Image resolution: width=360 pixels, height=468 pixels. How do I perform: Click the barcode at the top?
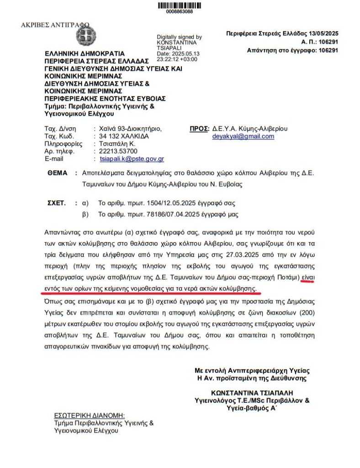pyautogui.click(x=180, y=5)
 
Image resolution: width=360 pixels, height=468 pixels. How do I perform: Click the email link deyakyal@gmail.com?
pyautogui.click(x=243, y=136)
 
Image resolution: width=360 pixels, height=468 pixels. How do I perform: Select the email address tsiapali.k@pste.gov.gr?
pyautogui.click(x=132, y=159)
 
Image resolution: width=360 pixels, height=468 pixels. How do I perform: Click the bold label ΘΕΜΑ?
pyautogui.click(x=57, y=173)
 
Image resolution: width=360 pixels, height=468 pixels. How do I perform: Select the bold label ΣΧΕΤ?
pyautogui.click(x=57, y=202)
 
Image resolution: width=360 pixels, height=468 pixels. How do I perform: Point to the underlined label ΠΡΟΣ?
pyautogui.click(x=199, y=128)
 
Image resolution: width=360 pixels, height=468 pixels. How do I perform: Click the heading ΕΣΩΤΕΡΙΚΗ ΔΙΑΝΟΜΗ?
pyautogui.click(x=89, y=415)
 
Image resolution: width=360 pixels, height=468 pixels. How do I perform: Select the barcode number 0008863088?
pyautogui.click(x=180, y=11)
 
